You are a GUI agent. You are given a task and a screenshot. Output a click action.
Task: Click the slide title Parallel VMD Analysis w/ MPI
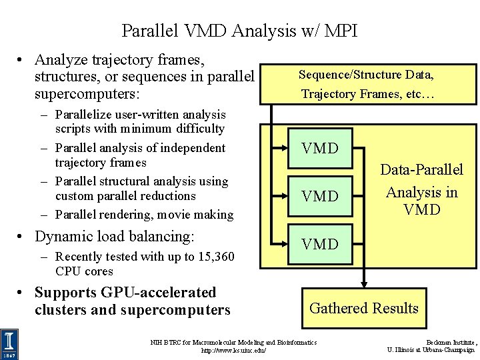pyautogui.click(x=239, y=31)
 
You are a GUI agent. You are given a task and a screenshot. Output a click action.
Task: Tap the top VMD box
pyautogui.click(x=320, y=148)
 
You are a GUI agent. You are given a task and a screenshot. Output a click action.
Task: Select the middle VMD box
pyautogui.click(x=320, y=196)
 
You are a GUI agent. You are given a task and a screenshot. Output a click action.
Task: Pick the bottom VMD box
pyautogui.click(x=320, y=244)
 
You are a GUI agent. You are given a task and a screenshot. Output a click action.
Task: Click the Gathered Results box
pyautogui.click(x=364, y=308)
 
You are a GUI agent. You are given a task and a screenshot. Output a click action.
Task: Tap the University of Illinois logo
pyautogui.click(x=10, y=343)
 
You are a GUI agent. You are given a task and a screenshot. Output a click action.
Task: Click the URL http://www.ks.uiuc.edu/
pyautogui.click(x=233, y=350)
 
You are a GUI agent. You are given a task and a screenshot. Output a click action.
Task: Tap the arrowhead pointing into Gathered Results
pyautogui.click(x=364, y=283)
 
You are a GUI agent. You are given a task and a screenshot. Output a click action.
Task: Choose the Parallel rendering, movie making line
pyautogui.click(x=144, y=215)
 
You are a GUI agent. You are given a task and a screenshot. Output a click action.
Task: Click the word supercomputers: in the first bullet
pyautogui.click(x=88, y=93)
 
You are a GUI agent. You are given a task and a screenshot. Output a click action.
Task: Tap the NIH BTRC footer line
pyautogui.click(x=233, y=342)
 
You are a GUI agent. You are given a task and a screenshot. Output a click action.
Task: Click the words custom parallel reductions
pyautogui.click(x=125, y=196)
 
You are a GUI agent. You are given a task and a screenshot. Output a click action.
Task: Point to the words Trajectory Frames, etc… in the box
pyautogui.click(x=367, y=94)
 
